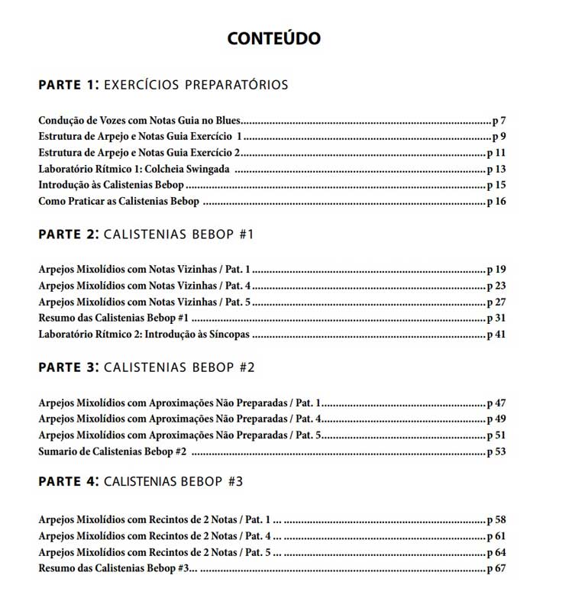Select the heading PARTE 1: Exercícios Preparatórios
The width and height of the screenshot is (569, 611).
163,84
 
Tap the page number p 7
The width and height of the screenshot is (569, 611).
499,121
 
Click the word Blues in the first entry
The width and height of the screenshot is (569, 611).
226,121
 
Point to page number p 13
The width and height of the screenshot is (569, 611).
496,169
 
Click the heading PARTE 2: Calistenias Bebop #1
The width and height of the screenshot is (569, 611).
146,234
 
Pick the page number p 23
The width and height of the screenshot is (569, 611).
496,286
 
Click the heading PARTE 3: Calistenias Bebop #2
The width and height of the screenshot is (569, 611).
146,367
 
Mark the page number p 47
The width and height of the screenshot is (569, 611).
496,402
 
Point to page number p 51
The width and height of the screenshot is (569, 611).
496,435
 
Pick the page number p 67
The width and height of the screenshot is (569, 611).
496,569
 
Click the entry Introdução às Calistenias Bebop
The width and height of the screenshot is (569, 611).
112,185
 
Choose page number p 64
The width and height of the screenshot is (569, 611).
496,552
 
